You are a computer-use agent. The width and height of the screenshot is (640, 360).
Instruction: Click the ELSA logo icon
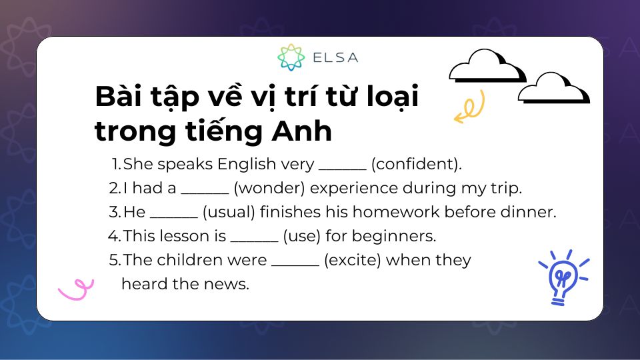(291, 57)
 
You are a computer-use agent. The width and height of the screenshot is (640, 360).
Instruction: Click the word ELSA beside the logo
(335, 57)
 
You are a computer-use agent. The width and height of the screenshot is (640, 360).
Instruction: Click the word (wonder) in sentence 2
(270, 188)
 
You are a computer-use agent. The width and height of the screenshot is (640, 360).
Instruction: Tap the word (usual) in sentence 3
(228, 212)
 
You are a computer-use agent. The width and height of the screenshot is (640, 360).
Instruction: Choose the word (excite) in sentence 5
(352, 260)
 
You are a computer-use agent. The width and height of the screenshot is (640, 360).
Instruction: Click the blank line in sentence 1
(343, 167)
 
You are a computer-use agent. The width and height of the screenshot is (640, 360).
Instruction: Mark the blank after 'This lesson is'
(254, 239)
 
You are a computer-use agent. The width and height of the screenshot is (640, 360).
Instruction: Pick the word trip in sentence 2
(506, 188)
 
